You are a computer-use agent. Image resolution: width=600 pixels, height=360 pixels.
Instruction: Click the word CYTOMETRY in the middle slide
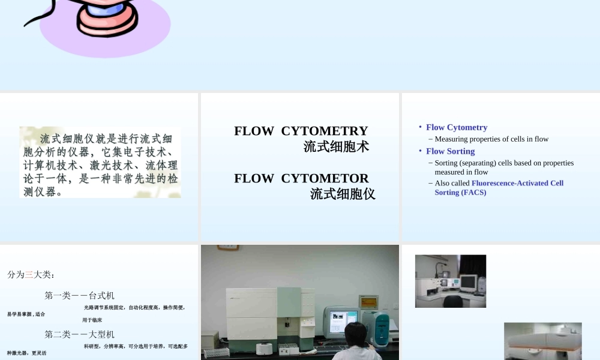[324, 131]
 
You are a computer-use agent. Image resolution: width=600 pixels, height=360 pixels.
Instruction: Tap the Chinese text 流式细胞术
[336, 146]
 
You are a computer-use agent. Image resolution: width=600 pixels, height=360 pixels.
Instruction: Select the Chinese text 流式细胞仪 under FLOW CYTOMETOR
[343, 194]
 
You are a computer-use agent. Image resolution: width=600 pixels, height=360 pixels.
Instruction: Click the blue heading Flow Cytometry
[457, 127]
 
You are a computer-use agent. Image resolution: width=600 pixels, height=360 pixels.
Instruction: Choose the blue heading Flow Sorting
[450, 151]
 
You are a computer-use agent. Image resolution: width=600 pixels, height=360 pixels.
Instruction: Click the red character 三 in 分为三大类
[29, 275]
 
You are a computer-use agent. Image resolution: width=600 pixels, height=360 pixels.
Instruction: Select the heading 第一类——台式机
[79, 296]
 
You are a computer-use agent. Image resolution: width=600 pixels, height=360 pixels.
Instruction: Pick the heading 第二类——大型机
[79, 334]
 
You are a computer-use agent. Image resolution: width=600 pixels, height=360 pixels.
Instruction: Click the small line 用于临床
[92, 320]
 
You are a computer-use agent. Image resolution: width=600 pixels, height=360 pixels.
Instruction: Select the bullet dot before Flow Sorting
[420, 151]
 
